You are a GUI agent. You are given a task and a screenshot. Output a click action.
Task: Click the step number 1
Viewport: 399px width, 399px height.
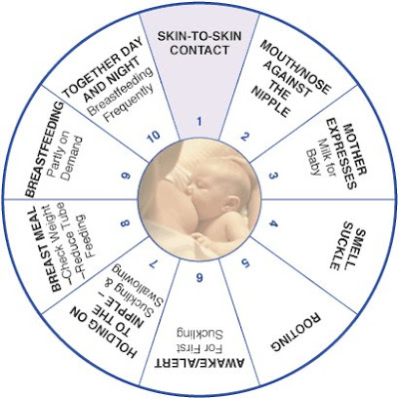point(199,122)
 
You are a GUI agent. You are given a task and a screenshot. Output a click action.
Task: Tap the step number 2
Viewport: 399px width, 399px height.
point(244,137)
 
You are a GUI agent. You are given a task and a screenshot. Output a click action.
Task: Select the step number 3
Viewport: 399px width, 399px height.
point(272,176)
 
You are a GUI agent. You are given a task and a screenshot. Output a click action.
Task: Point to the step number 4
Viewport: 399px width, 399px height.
point(273,223)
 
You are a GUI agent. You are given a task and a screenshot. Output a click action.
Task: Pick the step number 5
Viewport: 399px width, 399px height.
point(245,263)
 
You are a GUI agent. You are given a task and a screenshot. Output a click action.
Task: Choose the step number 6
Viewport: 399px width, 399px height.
point(199,277)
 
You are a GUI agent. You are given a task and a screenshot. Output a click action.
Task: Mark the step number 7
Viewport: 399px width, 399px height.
point(153,263)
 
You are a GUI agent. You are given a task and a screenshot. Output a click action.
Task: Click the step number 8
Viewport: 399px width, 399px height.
point(126,223)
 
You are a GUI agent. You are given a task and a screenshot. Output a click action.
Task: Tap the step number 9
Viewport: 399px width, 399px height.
point(126,176)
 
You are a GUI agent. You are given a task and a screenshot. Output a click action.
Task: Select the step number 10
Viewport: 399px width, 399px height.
point(154,136)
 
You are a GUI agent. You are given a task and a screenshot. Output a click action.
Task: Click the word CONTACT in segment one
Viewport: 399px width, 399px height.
point(199,51)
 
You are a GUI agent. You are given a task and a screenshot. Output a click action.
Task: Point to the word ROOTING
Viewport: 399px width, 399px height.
point(295,332)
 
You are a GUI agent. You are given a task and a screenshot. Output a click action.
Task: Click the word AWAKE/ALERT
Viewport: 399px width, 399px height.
point(199,363)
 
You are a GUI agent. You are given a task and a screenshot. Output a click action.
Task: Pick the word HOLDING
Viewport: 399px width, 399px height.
point(103,332)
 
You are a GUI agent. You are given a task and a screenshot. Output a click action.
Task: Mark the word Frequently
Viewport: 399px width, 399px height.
point(129,103)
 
